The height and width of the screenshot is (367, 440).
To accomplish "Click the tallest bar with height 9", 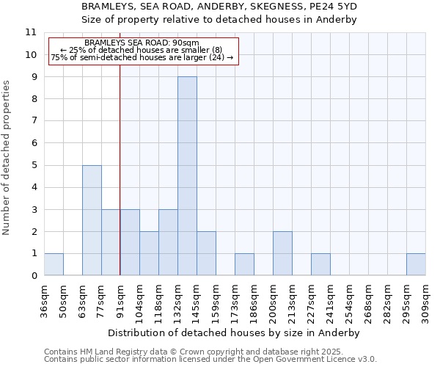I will click(187, 176).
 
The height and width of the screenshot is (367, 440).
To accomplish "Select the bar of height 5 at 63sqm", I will click(92, 220).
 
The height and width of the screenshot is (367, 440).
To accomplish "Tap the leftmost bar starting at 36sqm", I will click(54, 264).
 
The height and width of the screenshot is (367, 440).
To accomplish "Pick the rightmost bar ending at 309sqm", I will click(416, 264).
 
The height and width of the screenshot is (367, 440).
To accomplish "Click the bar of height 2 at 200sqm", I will click(282, 253).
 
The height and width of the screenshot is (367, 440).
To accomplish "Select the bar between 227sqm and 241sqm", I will click(320, 264).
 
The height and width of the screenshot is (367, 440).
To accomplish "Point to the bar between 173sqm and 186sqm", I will click(244, 264).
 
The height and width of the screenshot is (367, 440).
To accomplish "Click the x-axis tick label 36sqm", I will click(44, 299).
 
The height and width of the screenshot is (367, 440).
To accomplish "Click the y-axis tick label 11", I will click(31, 33).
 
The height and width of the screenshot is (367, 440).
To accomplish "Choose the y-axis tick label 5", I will click(34, 166).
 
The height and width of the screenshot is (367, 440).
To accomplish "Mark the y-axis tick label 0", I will click(34, 276).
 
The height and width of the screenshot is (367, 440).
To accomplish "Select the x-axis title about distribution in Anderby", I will click(238, 333).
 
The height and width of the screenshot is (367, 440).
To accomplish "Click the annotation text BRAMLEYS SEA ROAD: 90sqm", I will click(142, 43).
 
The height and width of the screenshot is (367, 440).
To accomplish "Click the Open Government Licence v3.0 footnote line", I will click(210, 360).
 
